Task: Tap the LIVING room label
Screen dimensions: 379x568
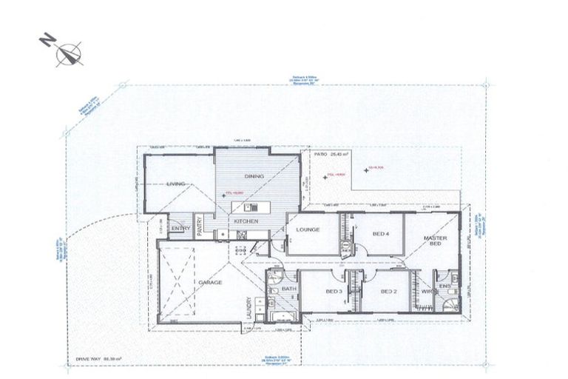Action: tap(175, 184)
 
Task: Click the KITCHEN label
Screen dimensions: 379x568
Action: tap(246, 221)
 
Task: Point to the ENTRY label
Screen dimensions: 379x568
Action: tap(180, 228)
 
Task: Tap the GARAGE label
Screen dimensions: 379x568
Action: tap(204, 283)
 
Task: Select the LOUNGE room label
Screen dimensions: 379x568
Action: tap(308, 229)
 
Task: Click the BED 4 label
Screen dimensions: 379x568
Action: tap(379, 234)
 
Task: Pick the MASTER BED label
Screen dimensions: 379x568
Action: tap(436, 241)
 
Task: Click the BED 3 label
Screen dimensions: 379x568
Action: tap(334, 292)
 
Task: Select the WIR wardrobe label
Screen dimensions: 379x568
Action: tap(426, 292)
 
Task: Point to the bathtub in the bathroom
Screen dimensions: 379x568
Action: tap(283, 317)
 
